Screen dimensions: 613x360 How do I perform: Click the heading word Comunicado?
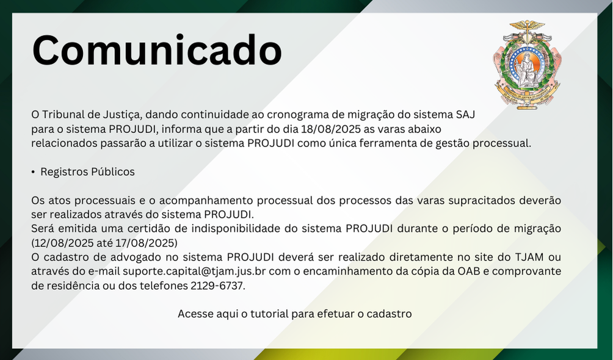[157, 51]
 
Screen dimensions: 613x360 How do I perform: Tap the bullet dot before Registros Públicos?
[33, 172]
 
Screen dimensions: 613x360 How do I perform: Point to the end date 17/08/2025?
[145, 243]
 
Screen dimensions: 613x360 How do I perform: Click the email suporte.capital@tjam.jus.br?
[194, 272]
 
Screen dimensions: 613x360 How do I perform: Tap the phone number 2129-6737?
[217, 286]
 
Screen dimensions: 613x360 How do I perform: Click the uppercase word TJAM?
[529, 257]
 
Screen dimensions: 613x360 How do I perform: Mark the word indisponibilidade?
[235, 229]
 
